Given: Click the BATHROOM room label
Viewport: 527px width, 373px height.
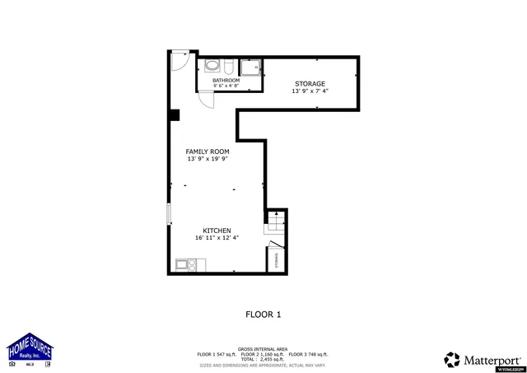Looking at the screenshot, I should point(226,80).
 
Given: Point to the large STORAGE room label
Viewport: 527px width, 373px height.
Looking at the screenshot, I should point(310,84).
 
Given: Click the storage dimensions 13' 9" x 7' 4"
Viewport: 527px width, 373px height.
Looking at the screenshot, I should point(310,91).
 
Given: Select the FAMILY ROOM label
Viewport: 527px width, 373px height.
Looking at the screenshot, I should point(207,152).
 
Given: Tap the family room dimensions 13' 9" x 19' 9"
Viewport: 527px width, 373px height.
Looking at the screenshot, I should point(207,159).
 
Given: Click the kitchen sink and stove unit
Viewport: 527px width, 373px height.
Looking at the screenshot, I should point(187,264).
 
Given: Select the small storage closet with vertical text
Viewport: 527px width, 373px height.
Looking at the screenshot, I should point(275,259).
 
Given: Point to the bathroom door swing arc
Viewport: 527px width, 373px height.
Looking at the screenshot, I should point(207,100).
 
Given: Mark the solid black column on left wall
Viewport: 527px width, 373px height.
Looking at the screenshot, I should point(175,115).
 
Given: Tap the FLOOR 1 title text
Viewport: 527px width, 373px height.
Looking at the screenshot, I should point(263,314).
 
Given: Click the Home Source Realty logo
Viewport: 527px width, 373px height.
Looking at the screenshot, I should point(30,349).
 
